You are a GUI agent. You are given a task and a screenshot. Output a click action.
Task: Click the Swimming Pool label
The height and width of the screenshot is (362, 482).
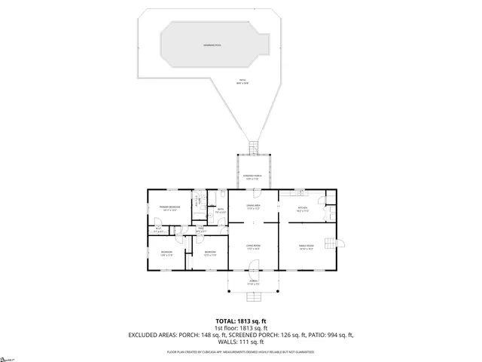[x=212, y=45]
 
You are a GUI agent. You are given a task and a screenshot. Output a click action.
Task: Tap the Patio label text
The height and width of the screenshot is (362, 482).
[x=243, y=81]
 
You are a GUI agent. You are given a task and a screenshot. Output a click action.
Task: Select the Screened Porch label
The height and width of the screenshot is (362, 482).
[x=252, y=177]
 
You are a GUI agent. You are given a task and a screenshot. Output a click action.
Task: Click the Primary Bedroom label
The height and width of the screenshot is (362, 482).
[x=169, y=208]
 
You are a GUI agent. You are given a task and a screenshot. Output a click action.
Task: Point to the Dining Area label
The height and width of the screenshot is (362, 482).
[x=253, y=207]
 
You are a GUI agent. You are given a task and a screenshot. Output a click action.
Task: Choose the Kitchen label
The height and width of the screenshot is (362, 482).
[x=303, y=207]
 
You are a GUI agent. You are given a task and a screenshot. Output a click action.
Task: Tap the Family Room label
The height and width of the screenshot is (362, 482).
[x=307, y=247]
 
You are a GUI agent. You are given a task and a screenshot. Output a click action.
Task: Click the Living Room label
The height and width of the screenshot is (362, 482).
[x=253, y=247]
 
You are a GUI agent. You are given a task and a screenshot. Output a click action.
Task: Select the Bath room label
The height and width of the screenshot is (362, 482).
[x=220, y=212]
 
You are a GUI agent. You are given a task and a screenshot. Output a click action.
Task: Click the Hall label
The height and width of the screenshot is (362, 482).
[x=201, y=229]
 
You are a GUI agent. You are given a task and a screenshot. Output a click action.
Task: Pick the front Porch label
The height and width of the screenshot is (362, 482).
[x=252, y=284]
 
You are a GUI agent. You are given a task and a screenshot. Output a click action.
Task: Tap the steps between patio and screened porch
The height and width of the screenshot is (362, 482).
[x=254, y=147]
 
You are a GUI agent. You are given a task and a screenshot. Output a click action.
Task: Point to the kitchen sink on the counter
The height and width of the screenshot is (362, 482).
[x=299, y=192]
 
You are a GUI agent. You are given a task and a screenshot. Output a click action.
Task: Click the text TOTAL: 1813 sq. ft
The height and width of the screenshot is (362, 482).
[x=240, y=321]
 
